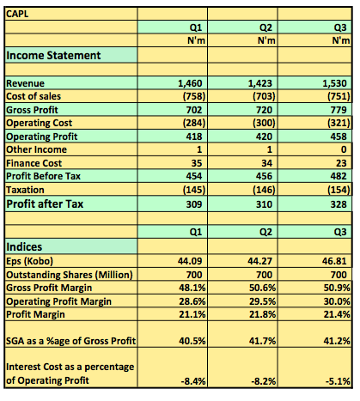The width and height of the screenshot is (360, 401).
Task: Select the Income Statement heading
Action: [53, 55]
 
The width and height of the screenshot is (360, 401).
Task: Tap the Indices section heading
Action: [24, 246]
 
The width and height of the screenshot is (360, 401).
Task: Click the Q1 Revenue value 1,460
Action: [190, 83]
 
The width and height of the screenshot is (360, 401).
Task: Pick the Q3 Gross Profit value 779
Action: [339, 110]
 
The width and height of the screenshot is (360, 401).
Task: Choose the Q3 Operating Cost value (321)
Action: [339, 123]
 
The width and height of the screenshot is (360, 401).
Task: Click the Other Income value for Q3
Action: [344, 149]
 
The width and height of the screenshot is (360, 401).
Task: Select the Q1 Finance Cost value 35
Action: [197, 163]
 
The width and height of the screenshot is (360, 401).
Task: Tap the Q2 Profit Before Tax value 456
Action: [264, 176]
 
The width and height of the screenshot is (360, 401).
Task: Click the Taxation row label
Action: [25, 190]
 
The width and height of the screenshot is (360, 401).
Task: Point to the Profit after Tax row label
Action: [45, 204]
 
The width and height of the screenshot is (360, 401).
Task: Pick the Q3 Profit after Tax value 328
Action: [339, 204]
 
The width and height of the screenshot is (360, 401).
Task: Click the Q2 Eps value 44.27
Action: [260, 261]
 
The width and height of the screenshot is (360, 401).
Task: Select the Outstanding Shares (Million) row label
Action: [70, 275]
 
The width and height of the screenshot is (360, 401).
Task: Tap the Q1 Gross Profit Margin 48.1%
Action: [192, 288]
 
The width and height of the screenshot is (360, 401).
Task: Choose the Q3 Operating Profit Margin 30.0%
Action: [337, 301]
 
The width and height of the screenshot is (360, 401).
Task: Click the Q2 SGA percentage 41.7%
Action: [262, 341]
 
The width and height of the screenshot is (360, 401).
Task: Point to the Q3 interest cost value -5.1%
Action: [338, 381]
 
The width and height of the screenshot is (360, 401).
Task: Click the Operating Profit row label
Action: [42, 137]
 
